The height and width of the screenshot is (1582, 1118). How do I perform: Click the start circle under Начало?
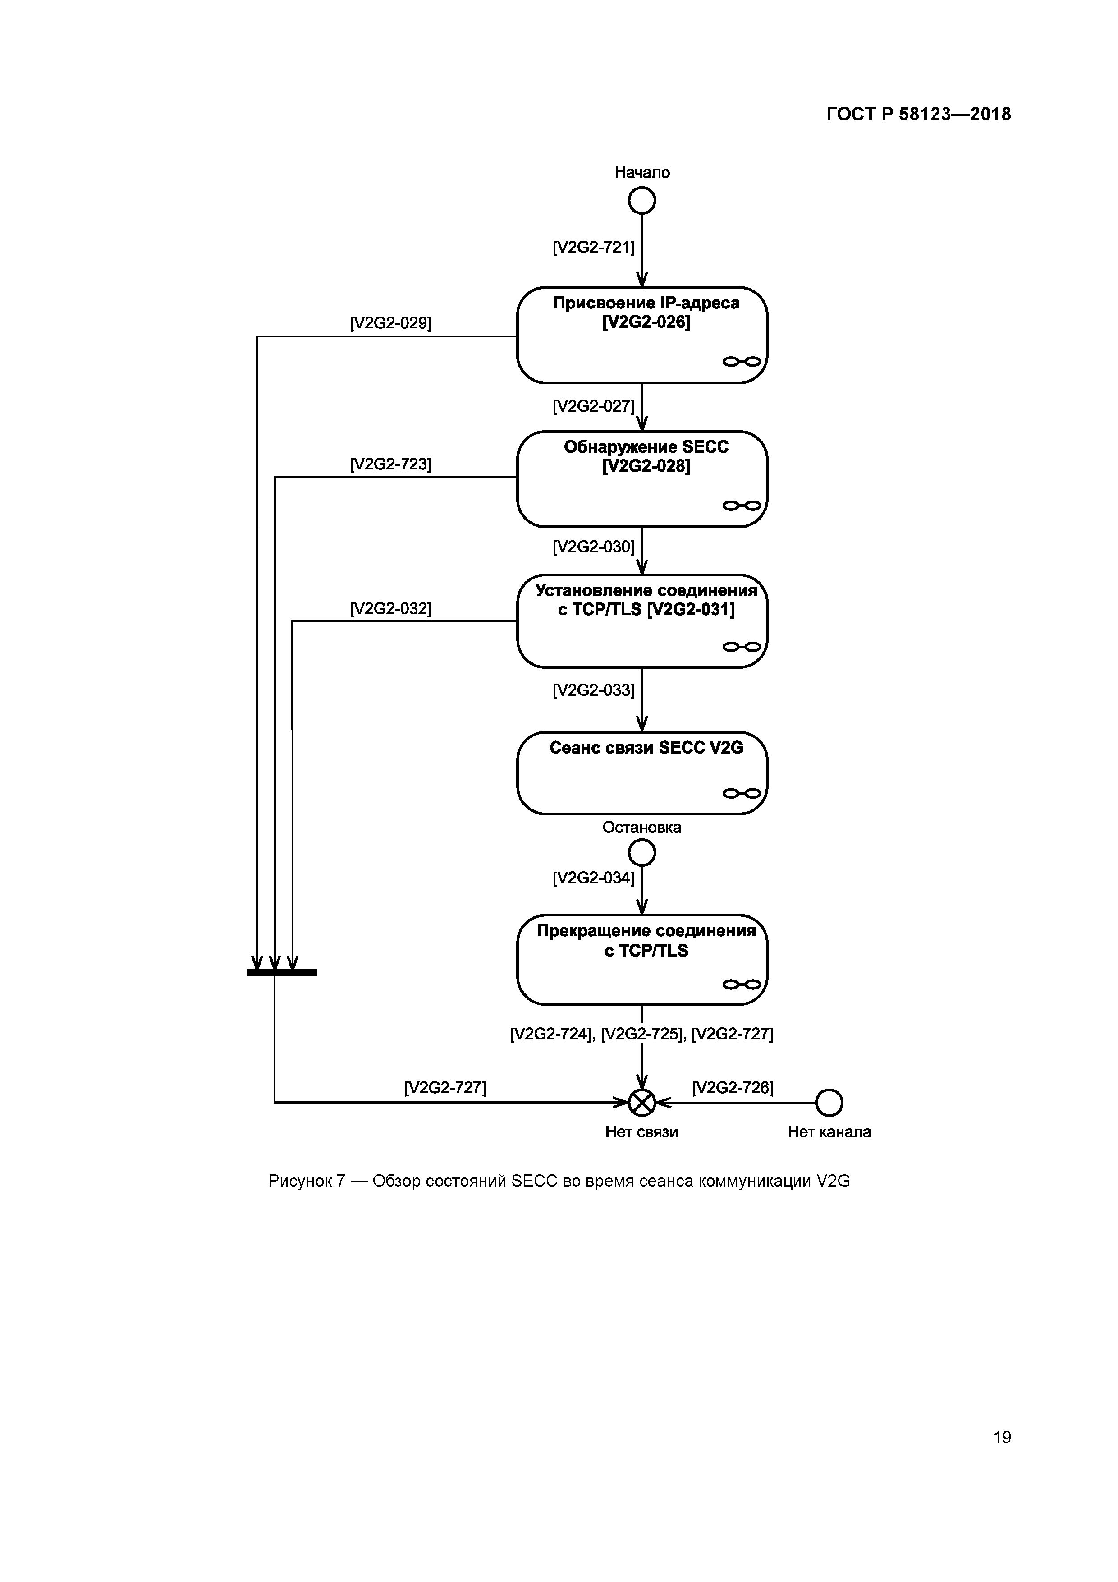[641, 201]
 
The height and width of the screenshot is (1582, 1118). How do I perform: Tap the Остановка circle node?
[641, 853]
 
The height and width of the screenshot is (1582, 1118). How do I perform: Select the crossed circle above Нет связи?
[641, 1103]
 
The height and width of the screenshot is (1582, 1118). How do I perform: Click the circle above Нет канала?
[829, 1103]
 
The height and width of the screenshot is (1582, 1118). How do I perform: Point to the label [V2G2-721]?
[593, 247]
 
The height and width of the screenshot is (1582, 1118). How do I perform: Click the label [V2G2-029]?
[390, 323]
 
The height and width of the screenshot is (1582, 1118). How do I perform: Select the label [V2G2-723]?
[390, 464]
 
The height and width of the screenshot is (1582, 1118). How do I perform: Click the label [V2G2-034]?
[593, 878]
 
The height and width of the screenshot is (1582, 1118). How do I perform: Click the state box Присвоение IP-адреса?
[641, 335]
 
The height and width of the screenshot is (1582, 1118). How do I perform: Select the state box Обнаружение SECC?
[641, 479]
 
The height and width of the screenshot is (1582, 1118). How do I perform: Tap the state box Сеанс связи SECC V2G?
[641, 773]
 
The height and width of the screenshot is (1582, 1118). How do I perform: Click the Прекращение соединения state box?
[641, 959]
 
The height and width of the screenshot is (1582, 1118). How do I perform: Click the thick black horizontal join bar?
[282, 972]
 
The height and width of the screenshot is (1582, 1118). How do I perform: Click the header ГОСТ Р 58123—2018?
[918, 115]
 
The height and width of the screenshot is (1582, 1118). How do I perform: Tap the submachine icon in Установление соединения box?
[741, 646]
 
